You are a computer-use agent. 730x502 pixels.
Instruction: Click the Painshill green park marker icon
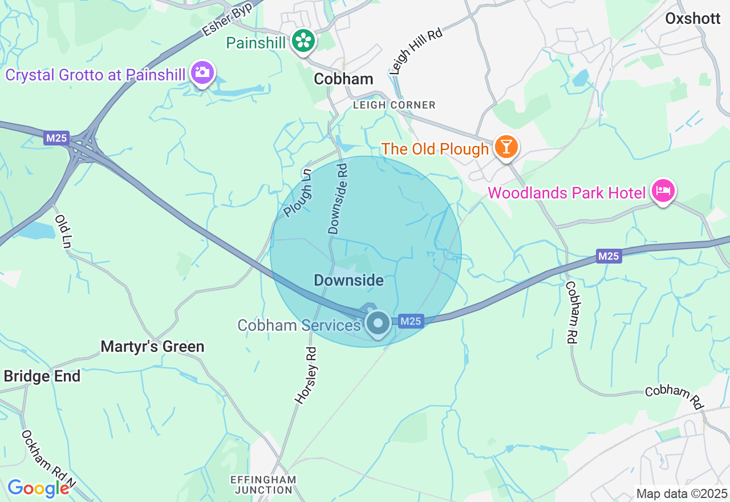(x=303, y=41)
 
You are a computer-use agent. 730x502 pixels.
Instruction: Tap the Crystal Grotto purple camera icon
(x=202, y=73)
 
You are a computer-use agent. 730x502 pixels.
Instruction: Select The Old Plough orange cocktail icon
(x=505, y=147)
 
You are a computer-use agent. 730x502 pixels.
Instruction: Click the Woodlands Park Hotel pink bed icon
(x=663, y=191)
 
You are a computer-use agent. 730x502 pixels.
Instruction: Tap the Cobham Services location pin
(x=378, y=323)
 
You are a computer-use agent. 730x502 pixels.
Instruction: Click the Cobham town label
(x=343, y=79)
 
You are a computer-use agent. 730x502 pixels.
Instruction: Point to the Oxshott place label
(x=692, y=18)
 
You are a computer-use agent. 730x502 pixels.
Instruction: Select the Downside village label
(x=348, y=280)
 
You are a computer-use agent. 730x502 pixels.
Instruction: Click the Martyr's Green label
(x=152, y=346)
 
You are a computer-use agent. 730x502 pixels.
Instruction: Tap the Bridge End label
(x=42, y=376)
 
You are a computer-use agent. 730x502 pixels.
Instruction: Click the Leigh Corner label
(x=394, y=105)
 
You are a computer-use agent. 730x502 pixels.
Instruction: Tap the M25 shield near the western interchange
(x=56, y=138)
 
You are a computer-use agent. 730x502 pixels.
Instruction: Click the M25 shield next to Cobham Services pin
(x=411, y=321)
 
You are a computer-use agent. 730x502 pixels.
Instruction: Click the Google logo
(x=38, y=488)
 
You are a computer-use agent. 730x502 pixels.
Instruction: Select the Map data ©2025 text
(x=682, y=493)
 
